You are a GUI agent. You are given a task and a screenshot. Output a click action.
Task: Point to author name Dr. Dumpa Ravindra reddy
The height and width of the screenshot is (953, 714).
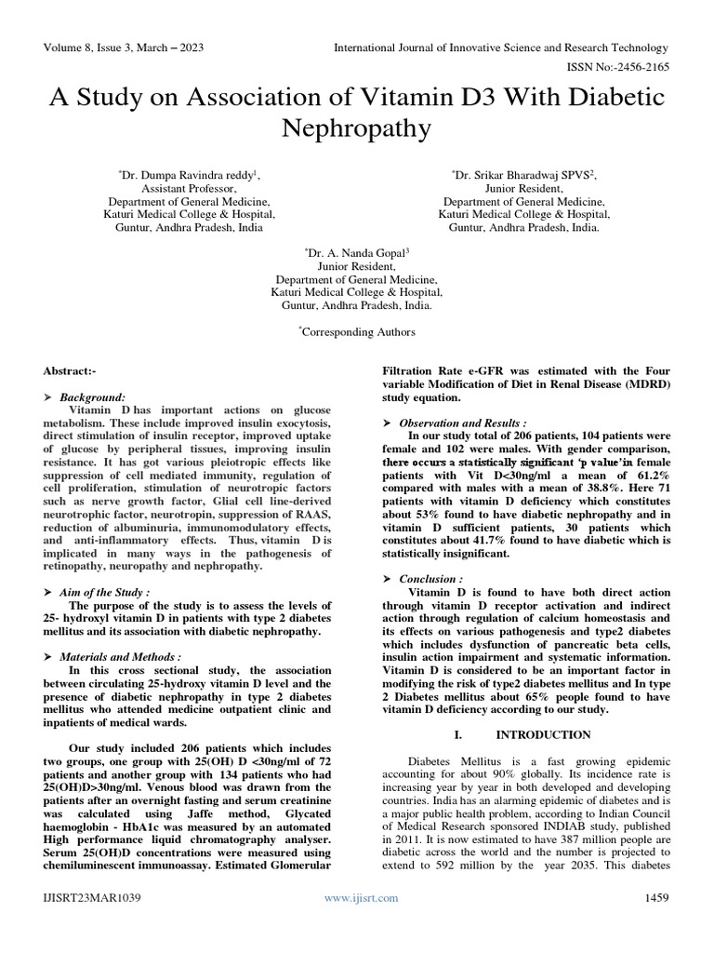[x=189, y=174]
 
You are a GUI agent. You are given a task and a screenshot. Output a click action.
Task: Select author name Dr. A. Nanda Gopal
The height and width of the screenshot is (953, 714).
[x=357, y=252]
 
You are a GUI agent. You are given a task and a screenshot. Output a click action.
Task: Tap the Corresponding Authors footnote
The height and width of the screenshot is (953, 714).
[x=357, y=331]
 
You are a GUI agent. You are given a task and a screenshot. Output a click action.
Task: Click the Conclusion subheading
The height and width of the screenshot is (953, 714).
[x=431, y=579]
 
